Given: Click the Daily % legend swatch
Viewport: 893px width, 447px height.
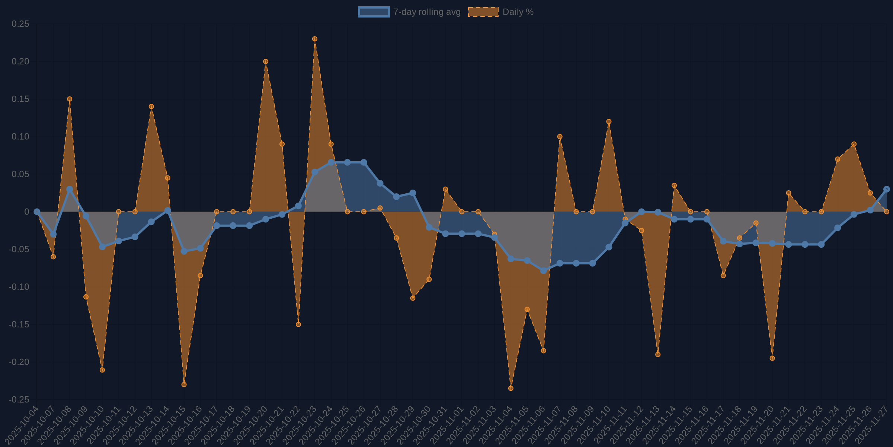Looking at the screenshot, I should click(x=483, y=12).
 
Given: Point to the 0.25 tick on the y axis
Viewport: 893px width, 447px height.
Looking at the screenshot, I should click(x=20, y=24).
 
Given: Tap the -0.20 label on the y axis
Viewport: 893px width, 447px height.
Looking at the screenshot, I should click(x=19, y=362).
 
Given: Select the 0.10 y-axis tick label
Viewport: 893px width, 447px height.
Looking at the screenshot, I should click(x=20, y=137).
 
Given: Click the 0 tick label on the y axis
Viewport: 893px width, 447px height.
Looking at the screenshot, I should click(x=26, y=212).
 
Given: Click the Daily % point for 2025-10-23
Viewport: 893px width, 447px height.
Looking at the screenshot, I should click(x=315, y=39).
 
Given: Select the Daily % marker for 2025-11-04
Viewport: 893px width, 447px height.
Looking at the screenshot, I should click(x=511, y=388).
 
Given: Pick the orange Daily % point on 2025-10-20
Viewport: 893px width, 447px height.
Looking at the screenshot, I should click(x=266, y=61).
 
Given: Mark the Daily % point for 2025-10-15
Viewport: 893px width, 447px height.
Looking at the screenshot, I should click(x=184, y=384).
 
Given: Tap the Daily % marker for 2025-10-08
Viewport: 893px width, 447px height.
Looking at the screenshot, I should click(x=70, y=99).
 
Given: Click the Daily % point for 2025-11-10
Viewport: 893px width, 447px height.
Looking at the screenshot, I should click(x=609, y=122).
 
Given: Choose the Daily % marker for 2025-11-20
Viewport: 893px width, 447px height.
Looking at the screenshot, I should click(x=772, y=358).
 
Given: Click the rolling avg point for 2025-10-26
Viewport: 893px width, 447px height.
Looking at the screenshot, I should click(x=364, y=162).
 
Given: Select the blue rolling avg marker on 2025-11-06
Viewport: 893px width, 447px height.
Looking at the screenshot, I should click(x=543, y=271).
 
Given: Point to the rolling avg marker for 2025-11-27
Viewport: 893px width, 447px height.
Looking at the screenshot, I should click(x=886, y=189).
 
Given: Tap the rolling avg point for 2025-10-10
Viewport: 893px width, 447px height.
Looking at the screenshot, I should click(x=102, y=247).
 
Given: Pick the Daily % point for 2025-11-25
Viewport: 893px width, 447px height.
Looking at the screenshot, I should click(x=854, y=144).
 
